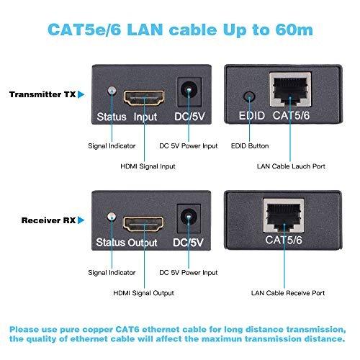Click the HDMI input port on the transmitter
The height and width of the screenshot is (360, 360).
[144, 98]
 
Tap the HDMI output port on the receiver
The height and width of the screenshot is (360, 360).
[143, 224]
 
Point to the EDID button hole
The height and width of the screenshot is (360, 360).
[249, 96]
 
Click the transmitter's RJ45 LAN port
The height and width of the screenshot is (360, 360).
[290, 89]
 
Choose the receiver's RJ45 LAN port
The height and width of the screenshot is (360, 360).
[284, 215]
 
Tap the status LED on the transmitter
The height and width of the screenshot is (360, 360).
[112, 91]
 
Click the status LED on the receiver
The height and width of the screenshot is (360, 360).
[112, 217]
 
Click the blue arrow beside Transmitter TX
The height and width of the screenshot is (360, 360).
[81, 94]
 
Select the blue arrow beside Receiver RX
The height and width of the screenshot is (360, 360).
[81, 220]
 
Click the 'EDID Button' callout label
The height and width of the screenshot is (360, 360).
[250, 146]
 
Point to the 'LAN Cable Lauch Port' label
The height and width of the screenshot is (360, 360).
[291, 166]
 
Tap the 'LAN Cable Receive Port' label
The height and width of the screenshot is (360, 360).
[288, 293]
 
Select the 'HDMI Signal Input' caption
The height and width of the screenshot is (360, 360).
[148, 166]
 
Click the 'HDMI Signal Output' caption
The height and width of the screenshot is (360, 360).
[143, 293]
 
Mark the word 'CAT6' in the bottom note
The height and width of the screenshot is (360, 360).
[127, 329]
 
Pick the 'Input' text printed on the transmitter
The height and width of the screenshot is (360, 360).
[145, 117]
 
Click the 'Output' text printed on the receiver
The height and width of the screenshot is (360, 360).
[142, 243]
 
